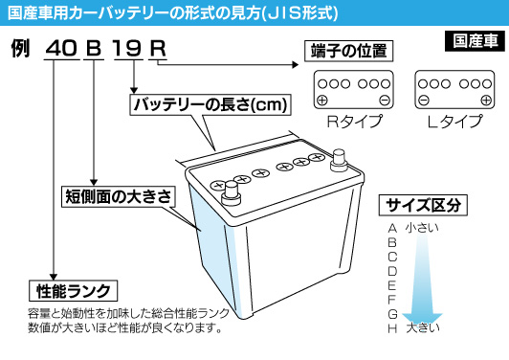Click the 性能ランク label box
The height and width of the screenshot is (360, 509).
coord(72,290)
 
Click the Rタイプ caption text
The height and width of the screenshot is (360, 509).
coord(354,122)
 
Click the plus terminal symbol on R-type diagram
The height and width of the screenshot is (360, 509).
coord(322,101)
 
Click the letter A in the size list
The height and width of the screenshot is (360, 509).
coord(392,228)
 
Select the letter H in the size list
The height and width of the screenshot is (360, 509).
coord(392,328)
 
